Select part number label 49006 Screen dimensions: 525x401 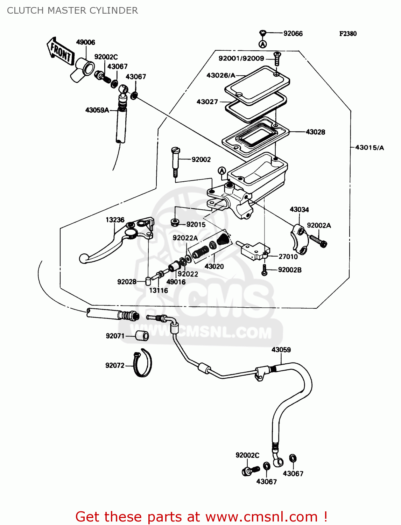[85, 42]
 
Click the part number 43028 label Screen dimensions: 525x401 [315, 132]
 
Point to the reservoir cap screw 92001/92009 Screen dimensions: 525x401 [277, 58]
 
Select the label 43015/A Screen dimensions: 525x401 [369, 148]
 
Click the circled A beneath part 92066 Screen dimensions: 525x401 [263, 44]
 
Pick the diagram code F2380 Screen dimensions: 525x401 [348, 34]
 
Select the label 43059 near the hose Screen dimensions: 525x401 [281, 350]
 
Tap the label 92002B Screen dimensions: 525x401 [289, 270]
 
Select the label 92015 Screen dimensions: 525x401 [196, 224]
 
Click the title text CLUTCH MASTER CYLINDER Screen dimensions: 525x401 [72, 10]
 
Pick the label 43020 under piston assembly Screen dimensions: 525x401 [214, 266]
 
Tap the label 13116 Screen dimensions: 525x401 [158, 290]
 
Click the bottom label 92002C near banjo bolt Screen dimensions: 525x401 [247, 455]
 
